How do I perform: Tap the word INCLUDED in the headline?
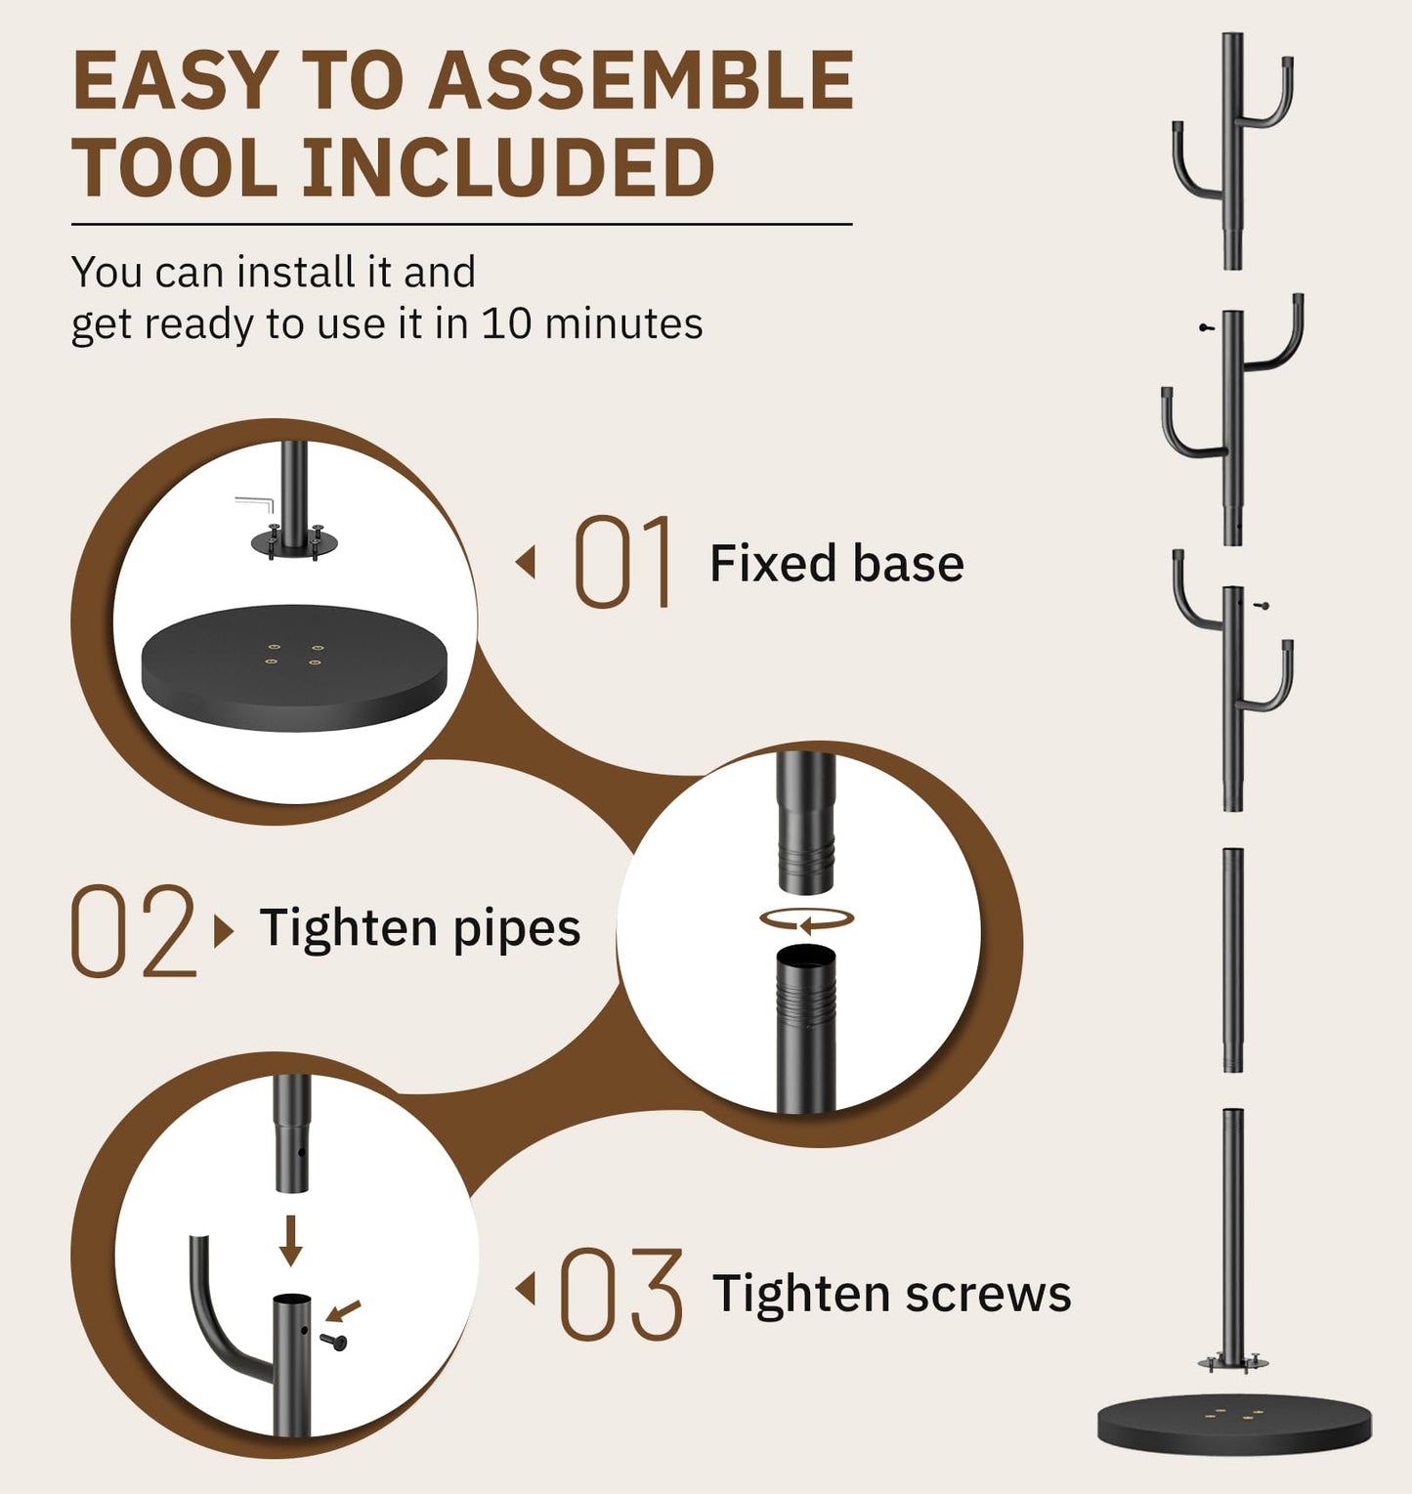point(507,168)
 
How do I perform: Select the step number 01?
point(623,562)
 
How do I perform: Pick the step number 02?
point(133,931)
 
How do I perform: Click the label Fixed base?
point(836,564)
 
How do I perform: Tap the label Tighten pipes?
point(420,928)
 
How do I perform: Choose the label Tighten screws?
point(891,1295)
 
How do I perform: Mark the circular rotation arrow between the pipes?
point(807,919)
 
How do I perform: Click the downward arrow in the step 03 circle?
point(290,1241)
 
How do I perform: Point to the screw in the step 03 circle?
point(335,1342)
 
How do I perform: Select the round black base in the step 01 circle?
point(294,667)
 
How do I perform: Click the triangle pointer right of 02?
point(224,931)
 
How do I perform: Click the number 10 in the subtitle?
point(506,323)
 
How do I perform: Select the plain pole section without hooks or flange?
point(1233,960)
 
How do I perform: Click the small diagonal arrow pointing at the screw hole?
point(344,1310)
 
